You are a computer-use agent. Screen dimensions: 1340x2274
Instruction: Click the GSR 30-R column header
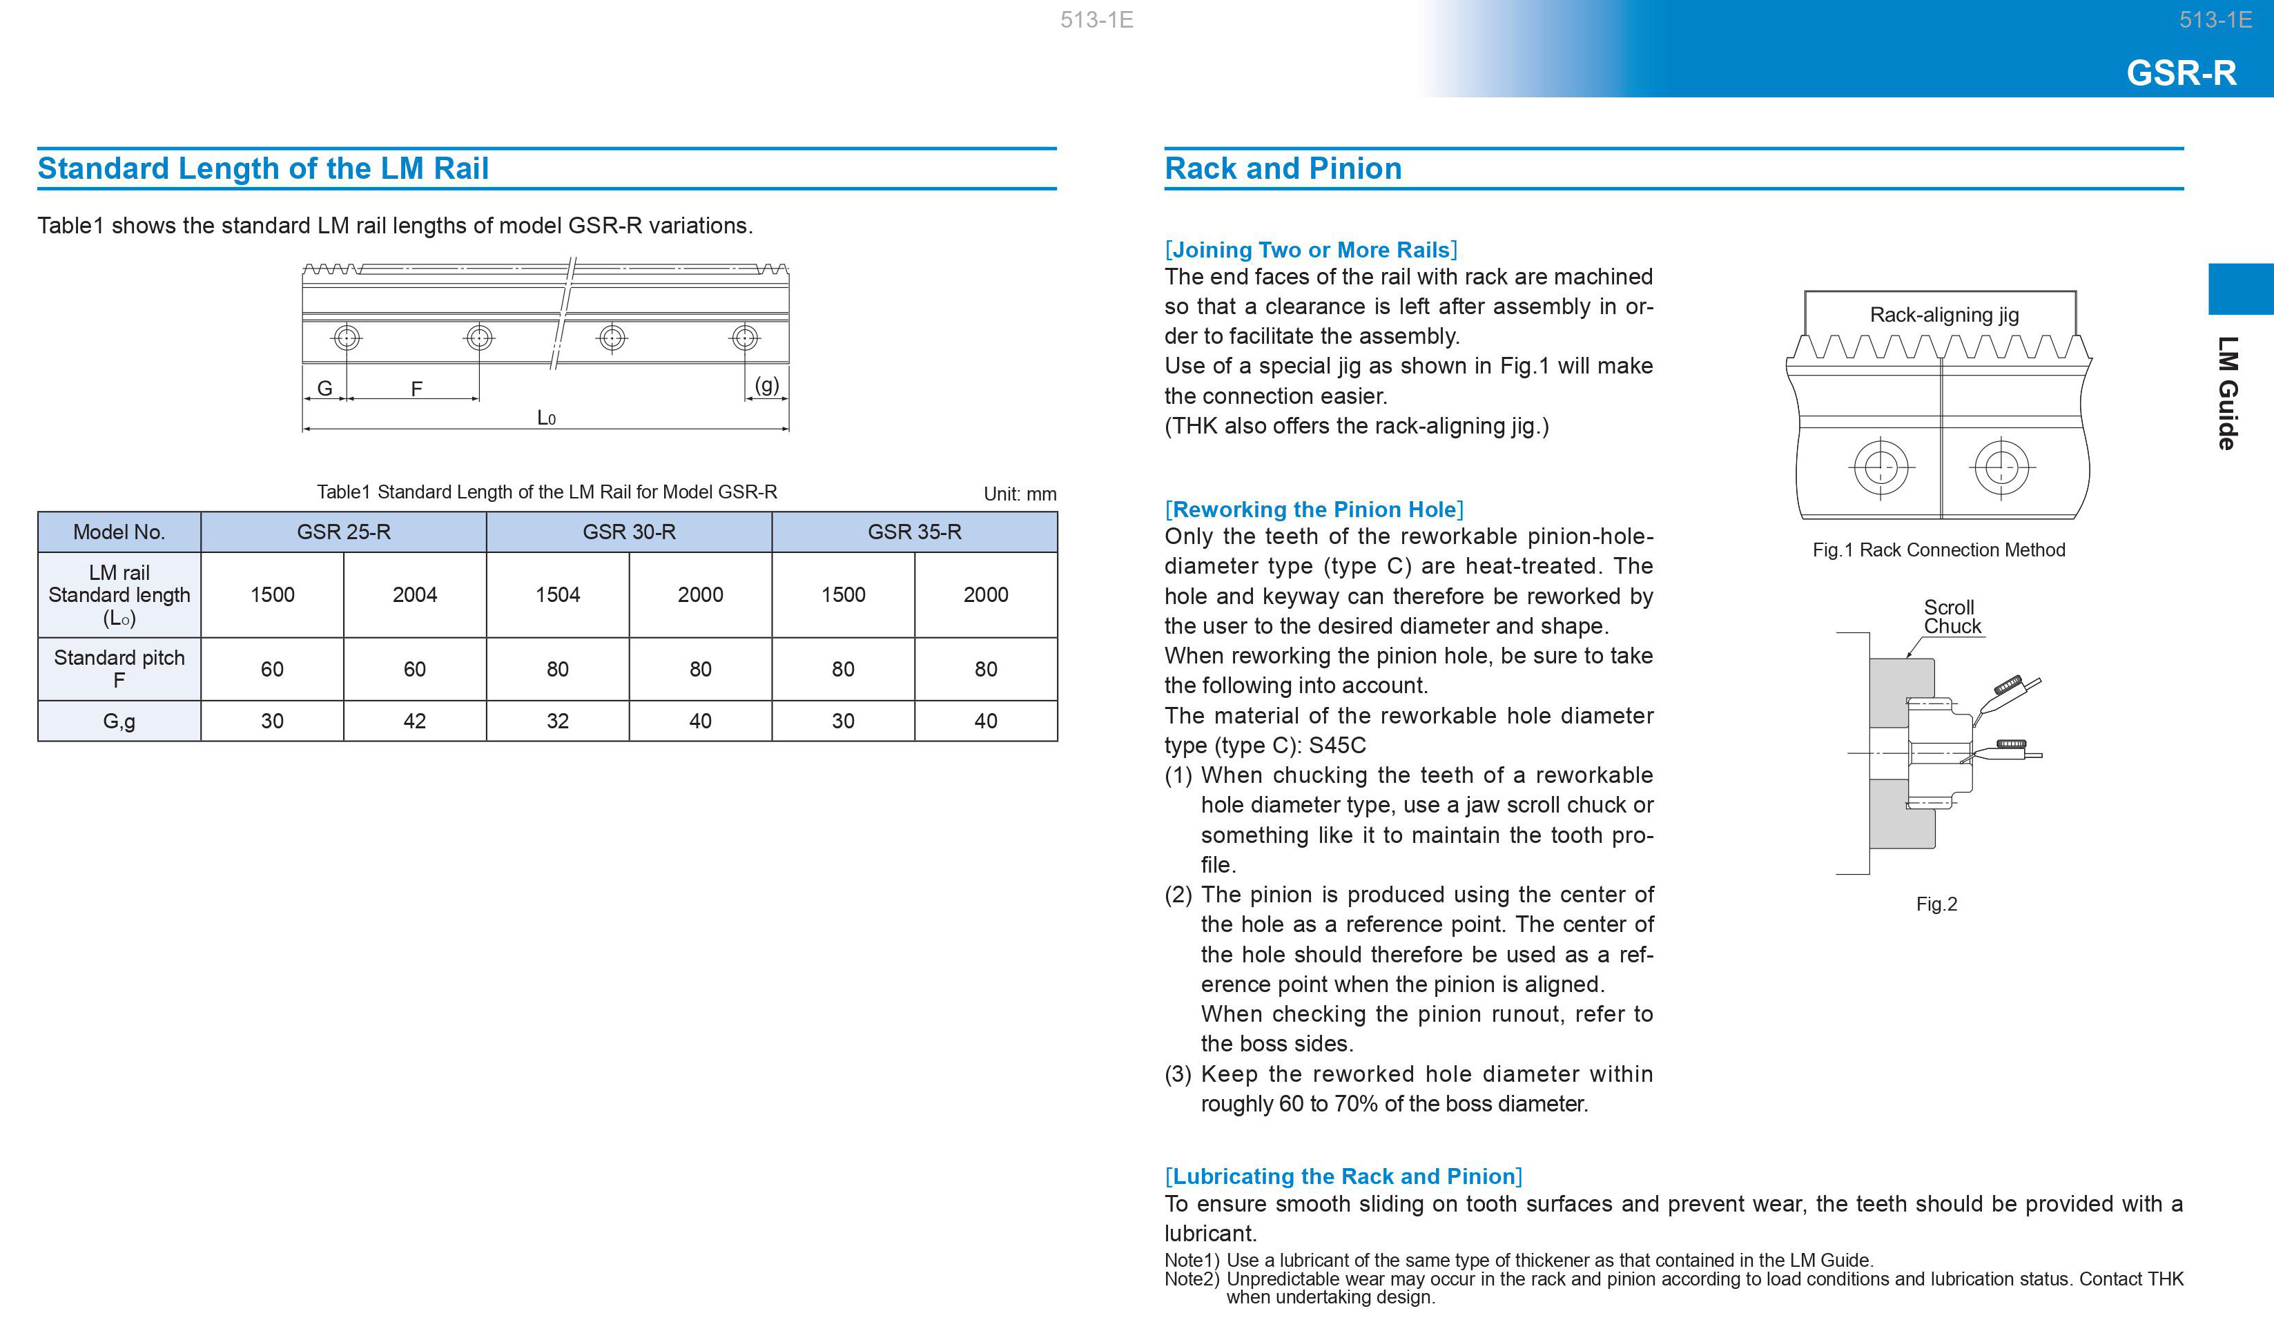pyautogui.click(x=628, y=532)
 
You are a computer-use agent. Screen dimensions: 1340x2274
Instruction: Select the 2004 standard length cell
pyautogui.click(x=414, y=594)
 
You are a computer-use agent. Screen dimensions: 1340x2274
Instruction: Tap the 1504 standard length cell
pyautogui.click(x=557, y=594)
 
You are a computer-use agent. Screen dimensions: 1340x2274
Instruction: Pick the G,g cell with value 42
pyautogui.click(x=414, y=721)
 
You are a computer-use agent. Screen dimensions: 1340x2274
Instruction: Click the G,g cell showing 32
pyautogui.click(x=557, y=721)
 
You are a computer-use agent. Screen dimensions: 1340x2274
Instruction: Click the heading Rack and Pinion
pyautogui.click(x=1283, y=169)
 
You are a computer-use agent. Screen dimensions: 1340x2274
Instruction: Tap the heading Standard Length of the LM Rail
pyautogui.click(x=263, y=169)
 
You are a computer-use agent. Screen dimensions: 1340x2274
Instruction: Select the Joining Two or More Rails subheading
pyautogui.click(x=1311, y=249)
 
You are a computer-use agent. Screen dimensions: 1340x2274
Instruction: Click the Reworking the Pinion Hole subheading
pyautogui.click(x=1314, y=509)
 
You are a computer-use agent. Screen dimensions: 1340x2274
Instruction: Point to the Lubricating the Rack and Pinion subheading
pyautogui.click(x=1343, y=1176)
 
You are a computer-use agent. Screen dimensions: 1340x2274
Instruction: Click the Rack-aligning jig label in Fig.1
pyautogui.click(x=1943, y=314)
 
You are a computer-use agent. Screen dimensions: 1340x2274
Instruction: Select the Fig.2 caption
pyautogui.click(x=1936, y=904)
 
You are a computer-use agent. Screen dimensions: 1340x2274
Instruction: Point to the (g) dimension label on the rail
pyautogui.click(x=766, y=385)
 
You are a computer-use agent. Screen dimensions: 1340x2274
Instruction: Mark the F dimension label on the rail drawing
pyautogui.click(x=416, y=388)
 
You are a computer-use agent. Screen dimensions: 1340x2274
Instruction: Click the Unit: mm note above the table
pyautogui.click(x=1019, y=494)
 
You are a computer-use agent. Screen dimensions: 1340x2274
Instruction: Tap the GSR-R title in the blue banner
pyautogui.click(x=2181, y=72)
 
